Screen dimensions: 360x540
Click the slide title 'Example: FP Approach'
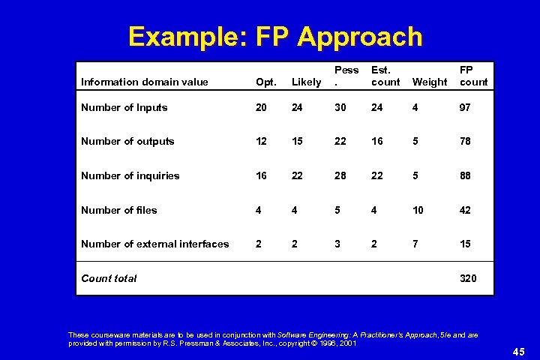[275, 35]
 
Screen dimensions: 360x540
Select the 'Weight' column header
[429, 82]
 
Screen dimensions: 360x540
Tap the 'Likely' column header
[306, 82]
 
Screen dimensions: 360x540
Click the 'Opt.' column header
[265, 82]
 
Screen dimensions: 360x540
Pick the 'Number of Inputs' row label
[124, 107]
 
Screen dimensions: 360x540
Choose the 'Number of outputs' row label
[127, 141]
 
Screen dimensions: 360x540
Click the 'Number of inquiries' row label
[130, 175]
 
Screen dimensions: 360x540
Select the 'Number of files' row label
[118, 210]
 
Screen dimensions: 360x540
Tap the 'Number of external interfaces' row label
[154, 244]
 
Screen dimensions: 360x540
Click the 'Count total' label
[109, 278]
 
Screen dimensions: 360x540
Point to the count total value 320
[468, 278]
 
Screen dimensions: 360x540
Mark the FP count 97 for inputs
[465, 107]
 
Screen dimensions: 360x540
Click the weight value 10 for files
[418, 210]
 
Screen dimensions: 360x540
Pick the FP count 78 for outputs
[465, 141]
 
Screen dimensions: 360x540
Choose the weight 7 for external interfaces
[415, 244]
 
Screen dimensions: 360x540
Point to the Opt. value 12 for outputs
[261, 141]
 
